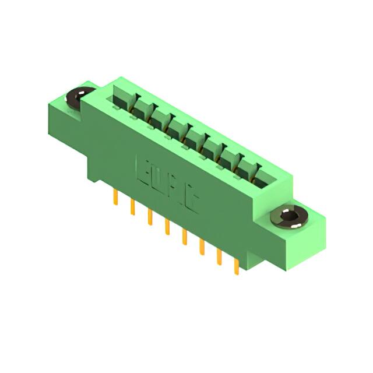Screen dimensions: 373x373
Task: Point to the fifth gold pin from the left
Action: [x=185, y=236]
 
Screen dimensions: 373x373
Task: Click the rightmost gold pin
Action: [x=237, y=265]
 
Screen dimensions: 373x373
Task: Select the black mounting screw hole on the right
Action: [x=290, y=218]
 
